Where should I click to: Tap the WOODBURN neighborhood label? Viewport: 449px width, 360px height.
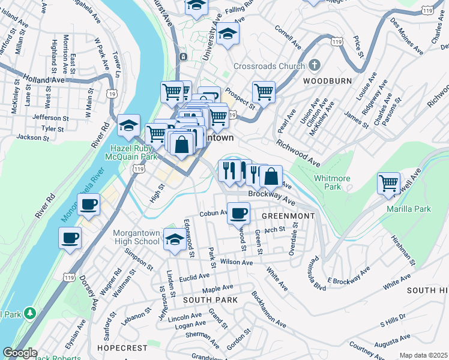pyautogui.click(x=322, y=80)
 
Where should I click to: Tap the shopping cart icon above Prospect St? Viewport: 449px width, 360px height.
pyautogui.click(x=264, y=92)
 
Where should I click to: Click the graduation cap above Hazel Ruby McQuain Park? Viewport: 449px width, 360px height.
pyautogui.click(x=128, y=125)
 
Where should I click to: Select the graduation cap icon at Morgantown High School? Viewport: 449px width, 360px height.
pyautogui.click(x=174, y=239)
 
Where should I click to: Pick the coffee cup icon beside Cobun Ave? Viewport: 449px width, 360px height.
pyautogui.click(x=239, y=212)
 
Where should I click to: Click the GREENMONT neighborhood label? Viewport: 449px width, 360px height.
pyautogui.click(x=284, y=215)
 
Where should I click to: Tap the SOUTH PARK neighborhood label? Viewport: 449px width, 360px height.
pyautogui.click(x=210, y=299)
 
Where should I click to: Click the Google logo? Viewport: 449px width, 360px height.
pyautogui.click(x=19, y=353)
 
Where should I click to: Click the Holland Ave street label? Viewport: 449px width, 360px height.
pyautogui.click(x=44, y=79)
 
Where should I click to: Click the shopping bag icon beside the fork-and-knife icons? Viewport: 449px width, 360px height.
pyautogui.click(x=271, y=176)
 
